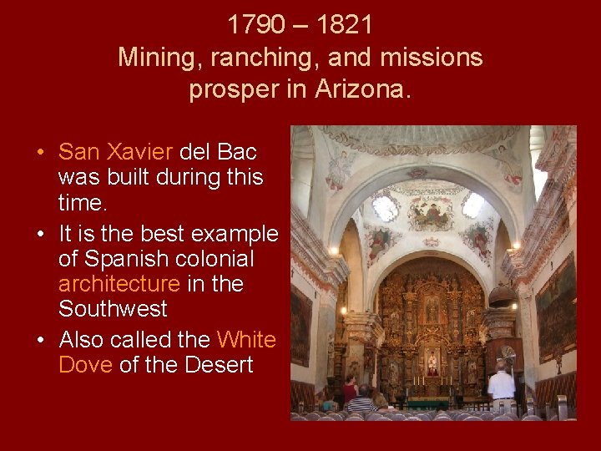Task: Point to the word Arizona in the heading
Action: click(x=363, y=89)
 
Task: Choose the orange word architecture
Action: click(x=119, y=284)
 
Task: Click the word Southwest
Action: click(x=113, y=309)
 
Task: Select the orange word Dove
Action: click(x=86, y=365)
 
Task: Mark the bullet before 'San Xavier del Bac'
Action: click(x=40, y=153)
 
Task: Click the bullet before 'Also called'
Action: click(x=40, y=341)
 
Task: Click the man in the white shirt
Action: click(x=502, y=386)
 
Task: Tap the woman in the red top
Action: click(x=351, y=389)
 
